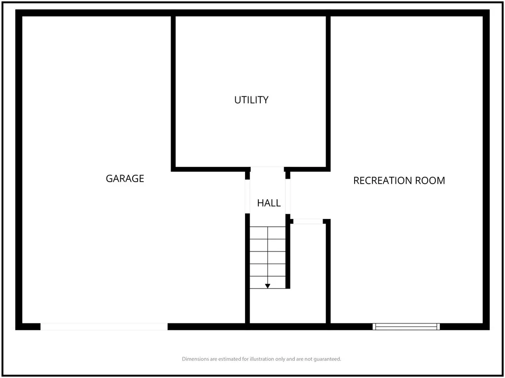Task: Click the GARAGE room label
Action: pos(125,178)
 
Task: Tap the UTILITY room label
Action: pos(251,100)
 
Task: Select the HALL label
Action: pos(269,203)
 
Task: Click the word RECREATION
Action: pos(383,181)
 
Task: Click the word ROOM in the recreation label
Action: pos(430,181)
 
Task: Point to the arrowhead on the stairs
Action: pos(268,286)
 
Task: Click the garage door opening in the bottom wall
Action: pos(104,327)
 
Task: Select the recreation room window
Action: pos(406,327)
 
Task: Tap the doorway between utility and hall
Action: pos(267,169)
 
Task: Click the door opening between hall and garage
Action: pos(248,196)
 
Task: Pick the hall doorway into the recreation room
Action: pos(288,196)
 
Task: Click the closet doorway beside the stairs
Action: pos(308,221)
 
